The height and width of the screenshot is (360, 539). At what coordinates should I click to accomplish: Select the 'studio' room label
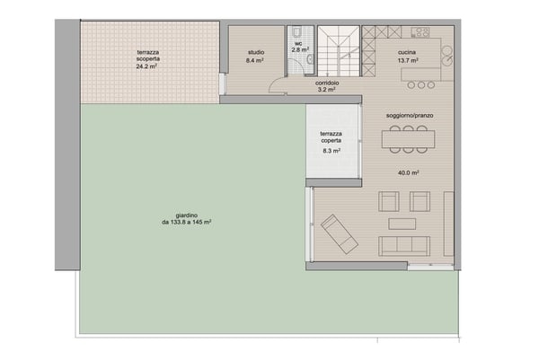tap(256, 53)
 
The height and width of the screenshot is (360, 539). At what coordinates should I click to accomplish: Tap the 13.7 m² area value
tap(409, 60)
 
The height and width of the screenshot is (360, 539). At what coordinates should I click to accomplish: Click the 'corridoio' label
tap(326, 83)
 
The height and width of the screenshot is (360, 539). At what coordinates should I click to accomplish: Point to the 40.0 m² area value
tap(409, 172)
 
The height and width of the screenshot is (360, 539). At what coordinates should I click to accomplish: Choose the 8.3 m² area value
tap(331, 152)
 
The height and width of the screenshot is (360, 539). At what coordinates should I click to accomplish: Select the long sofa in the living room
tap(404, 245)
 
